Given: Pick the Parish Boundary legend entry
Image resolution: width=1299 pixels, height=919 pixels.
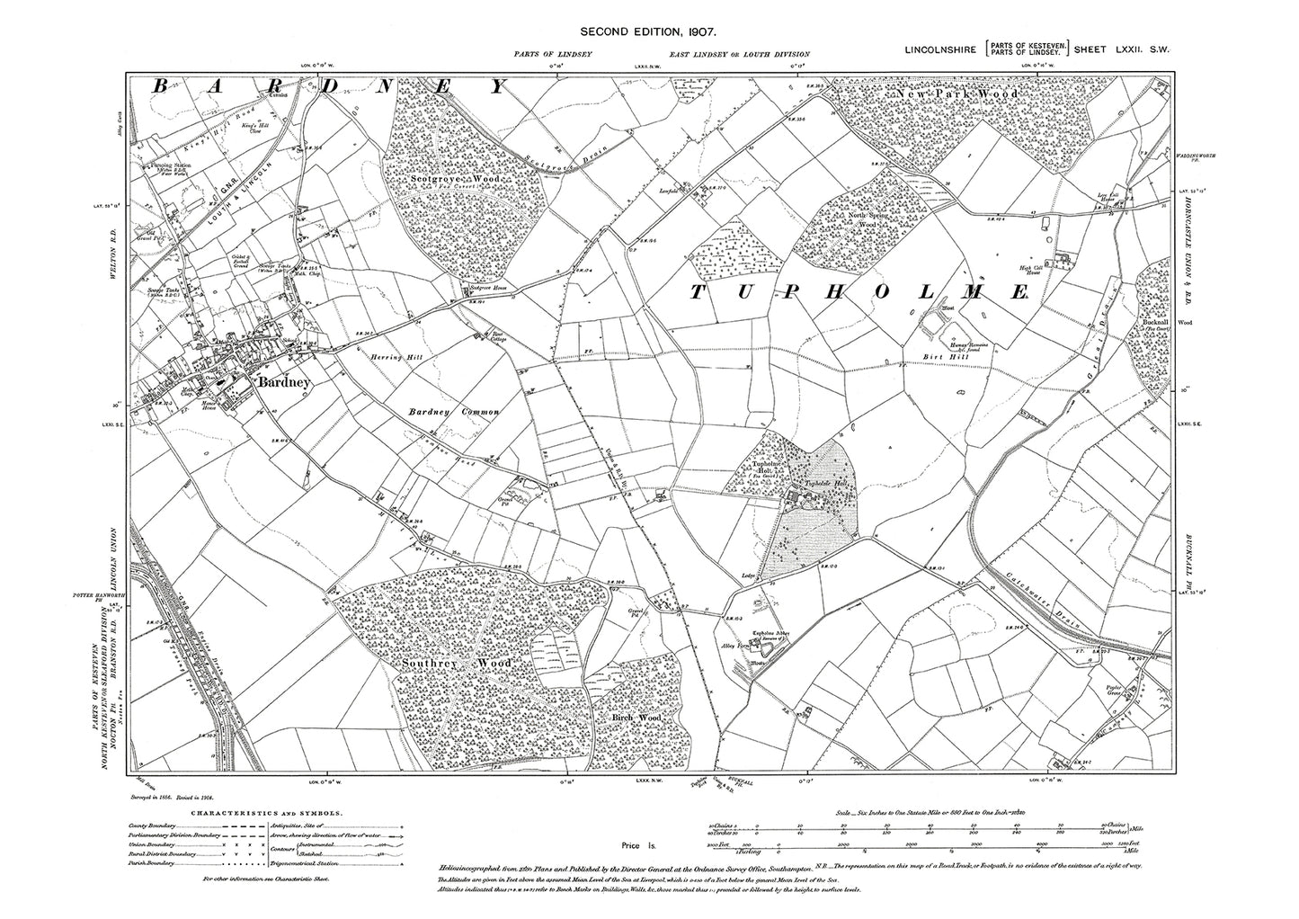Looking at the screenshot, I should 147,867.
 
